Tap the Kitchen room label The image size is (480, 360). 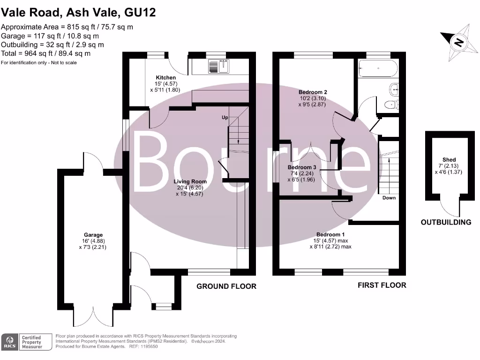(x=166, y=77)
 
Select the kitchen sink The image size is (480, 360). (x=218, y=66)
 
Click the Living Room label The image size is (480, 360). (x=190, y=181)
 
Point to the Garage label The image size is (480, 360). (x=93, y=235)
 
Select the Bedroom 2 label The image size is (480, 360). (x=313, y=92)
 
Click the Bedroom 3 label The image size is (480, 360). (x=302, y=167)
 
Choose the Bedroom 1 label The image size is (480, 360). (x=330, y=234)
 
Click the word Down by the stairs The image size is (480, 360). (x=389, y=198)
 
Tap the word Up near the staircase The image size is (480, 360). (x=225, y=118)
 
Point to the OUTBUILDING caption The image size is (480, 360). (x=446, y=222)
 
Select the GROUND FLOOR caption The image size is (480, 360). (x=226, y=286)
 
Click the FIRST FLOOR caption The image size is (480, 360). (x=382, y=285)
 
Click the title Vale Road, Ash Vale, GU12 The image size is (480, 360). (x=78, y=13)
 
